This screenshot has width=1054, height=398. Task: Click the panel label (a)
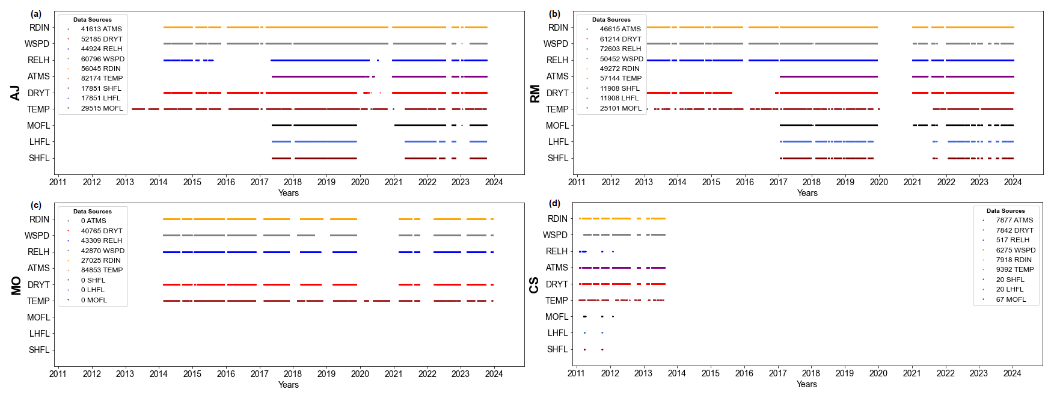click(x=37, y=14)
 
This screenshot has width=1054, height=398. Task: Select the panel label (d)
click(x=554, y=203)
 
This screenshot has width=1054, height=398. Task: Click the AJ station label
click(x=16, y=93)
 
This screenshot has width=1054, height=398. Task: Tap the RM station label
click(x=535, y=93)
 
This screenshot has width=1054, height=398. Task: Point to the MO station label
click(x=16, y=286)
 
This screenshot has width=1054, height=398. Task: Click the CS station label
click(x=534, y=285)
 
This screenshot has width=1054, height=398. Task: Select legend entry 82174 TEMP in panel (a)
click(x=102, y=78)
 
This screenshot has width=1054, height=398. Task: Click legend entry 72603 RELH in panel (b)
click(x=620, y=49)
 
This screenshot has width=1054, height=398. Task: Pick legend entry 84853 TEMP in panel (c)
click(x=102, y=270)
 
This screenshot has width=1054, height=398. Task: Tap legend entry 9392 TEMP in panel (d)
click(x=1015, y=269)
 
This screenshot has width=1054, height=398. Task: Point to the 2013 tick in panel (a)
click(x=125, y=182)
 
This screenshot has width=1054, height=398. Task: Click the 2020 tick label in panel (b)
click(x=878, y=182)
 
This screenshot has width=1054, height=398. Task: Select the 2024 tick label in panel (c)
click(x=494, y=374)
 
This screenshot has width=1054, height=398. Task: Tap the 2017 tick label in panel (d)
click(x=777, y=373)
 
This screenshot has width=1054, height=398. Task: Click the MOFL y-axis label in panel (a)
click(x=38, y=126)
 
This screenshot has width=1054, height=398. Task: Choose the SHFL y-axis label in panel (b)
click(x=557, y=158)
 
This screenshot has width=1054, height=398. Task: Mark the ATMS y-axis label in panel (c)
click(x=38, y=268)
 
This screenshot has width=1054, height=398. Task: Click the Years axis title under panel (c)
click(x=288, y=385)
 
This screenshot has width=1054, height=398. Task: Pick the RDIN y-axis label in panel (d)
click(x=557, y=219)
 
